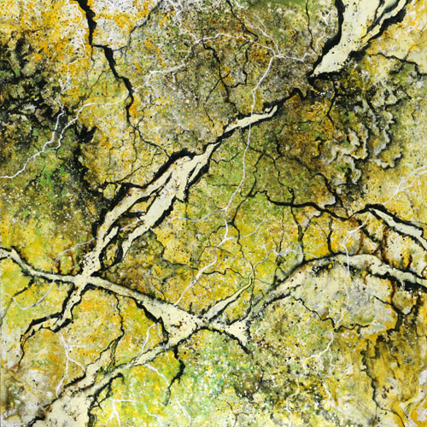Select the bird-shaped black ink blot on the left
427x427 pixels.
coord(85,133)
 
